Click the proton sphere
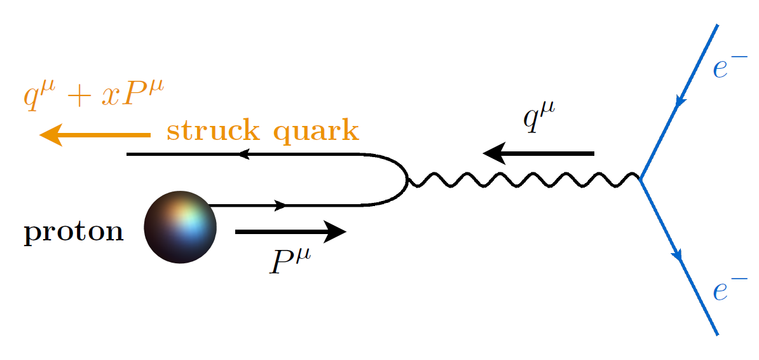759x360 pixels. pos(180,226)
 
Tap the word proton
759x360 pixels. pos(74,232)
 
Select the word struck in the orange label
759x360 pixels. pos(213,131)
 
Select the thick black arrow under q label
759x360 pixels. pos(538,153)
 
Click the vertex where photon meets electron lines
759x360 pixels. pos(641,177)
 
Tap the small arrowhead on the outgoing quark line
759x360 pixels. pos(243,154)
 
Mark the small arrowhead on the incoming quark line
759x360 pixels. pos(280,205)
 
